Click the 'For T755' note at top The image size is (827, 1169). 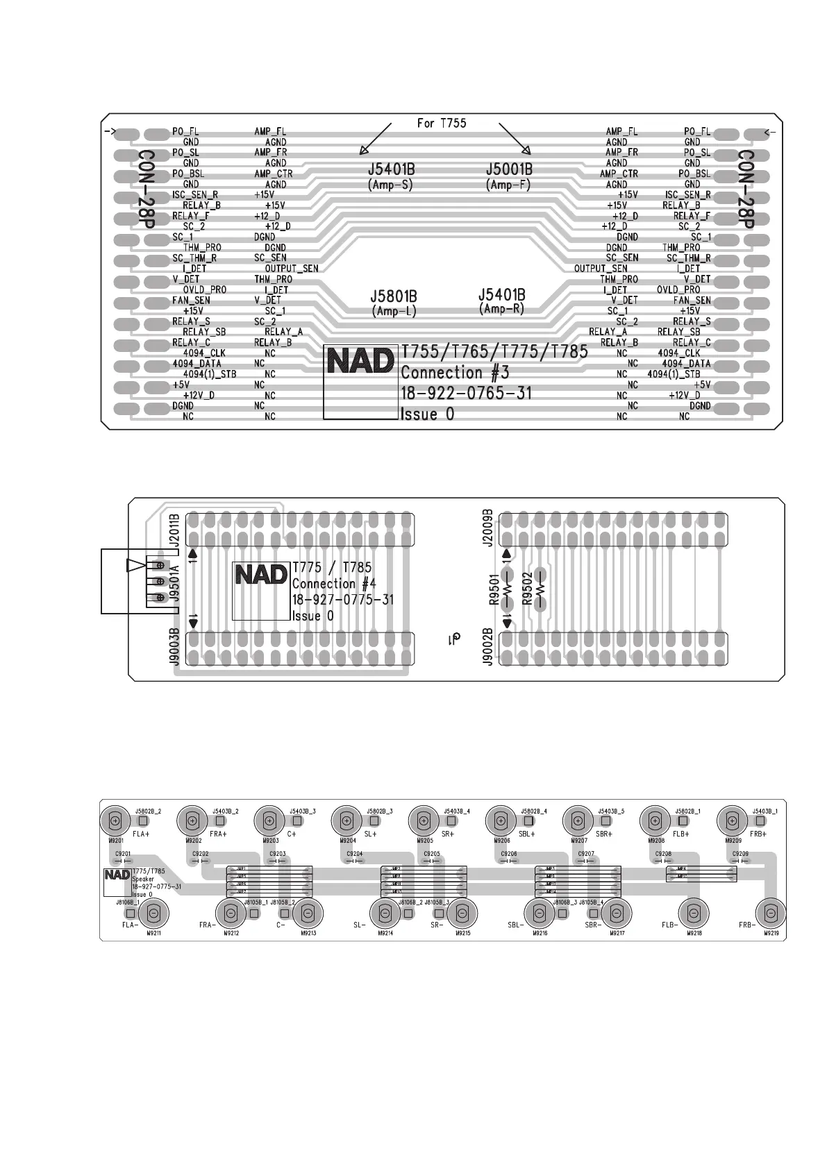pyautogui.click(x=442, y=124)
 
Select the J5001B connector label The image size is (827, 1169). pyautogui.click(x=509, y=169)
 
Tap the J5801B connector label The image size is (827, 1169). pyautogui.click(x=394, y=296)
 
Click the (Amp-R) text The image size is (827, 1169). pyautogui.click(x=501, y=309)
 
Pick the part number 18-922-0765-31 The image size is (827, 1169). pyautogui.click(x=466, y=393)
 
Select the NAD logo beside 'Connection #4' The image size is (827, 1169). pyautogui.click(x=260, y=575)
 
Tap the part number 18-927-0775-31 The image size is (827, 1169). pyautogui.click(x=342, y=600)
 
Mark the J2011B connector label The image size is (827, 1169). pyautogui.click(x=174, y=531)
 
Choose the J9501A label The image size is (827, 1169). pyautogui.click(x=174, y=583)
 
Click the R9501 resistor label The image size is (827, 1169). pyautogui.click(x=494, y=589)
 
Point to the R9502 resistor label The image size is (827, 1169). pyautogui.click(x=527, y=589)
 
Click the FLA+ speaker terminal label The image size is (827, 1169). pyautogui.click(x=141, y=834)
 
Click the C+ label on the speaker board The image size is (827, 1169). pyautogui.click(x=292, y=834)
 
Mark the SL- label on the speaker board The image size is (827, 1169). pyautogui.click(x=359, y=925)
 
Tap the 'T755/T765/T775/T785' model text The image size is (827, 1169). pyautogui.click(x=494, y=352)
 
